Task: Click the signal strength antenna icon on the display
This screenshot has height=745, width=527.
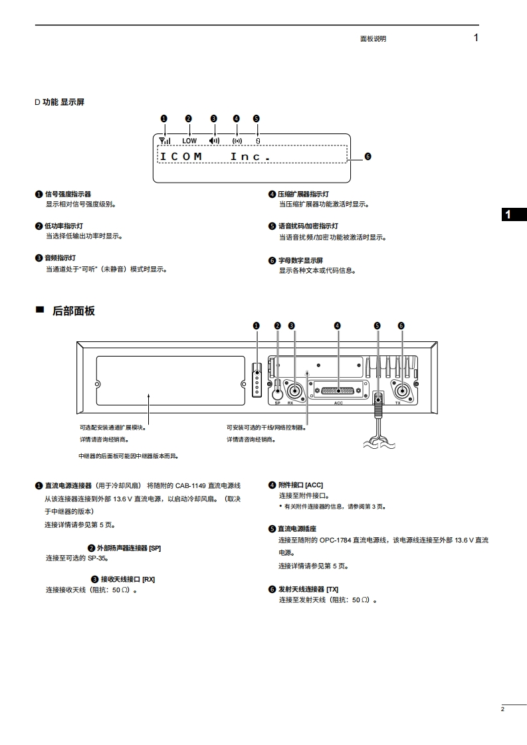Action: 165,140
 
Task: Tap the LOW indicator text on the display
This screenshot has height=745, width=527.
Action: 189,141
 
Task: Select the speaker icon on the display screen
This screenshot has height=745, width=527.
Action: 214,140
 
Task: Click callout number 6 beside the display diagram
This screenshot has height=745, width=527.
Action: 367,157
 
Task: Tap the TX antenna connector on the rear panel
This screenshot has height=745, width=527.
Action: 402,389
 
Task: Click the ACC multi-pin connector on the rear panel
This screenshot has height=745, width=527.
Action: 338,390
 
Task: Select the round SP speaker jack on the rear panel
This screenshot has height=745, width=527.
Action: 278,391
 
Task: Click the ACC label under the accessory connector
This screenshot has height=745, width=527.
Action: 338,403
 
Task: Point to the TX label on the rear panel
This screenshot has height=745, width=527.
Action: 398,403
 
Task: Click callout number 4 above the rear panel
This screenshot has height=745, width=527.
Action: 338,325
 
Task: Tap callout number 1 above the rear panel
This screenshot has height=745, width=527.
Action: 257,325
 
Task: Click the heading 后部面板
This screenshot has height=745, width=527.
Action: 73,311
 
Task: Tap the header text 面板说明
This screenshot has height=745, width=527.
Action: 373,39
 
